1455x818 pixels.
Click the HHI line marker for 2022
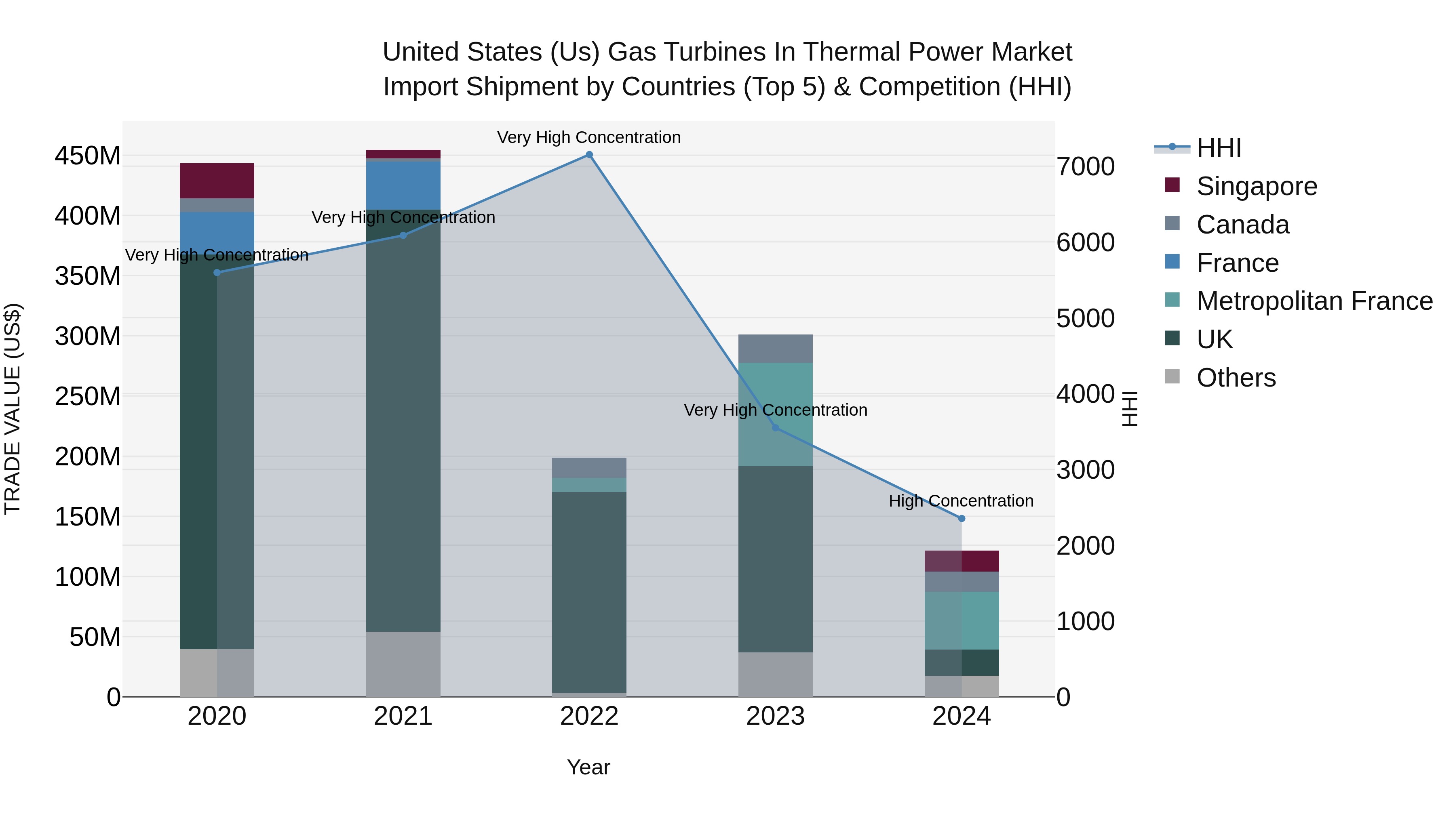pos(589,155)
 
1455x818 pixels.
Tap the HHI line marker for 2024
pos(962,518)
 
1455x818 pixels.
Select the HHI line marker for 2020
pos(217,273)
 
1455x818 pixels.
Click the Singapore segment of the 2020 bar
pos(217,181)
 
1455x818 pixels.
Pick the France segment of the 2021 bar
pos(403,185)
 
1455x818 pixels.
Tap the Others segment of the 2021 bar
pos(403,664)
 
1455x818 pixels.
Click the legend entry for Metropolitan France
pos(1314,301)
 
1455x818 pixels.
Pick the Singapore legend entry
pos(1256,186)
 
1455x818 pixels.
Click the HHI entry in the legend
pos(1218,148)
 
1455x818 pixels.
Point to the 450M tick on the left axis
pos(88,156)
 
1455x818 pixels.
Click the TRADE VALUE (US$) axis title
pos(13,409)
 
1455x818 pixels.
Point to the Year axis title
pos(588,767)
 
